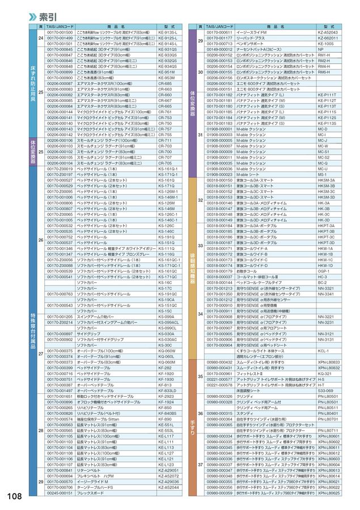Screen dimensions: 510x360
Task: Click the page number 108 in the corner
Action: pyautogui.click(x=15, y=496)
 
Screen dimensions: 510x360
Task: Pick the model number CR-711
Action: pyautogui.click(x=165, y=141)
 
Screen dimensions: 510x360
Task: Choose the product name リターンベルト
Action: pyautogui.click(x=93, y=470)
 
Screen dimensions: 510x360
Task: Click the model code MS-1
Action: pyautogui.click(x=321, y=175)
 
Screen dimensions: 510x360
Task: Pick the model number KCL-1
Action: pyautogui.click(x=324, y=351)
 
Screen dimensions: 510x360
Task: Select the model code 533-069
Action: pyautogui.click(x=325, y=390)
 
